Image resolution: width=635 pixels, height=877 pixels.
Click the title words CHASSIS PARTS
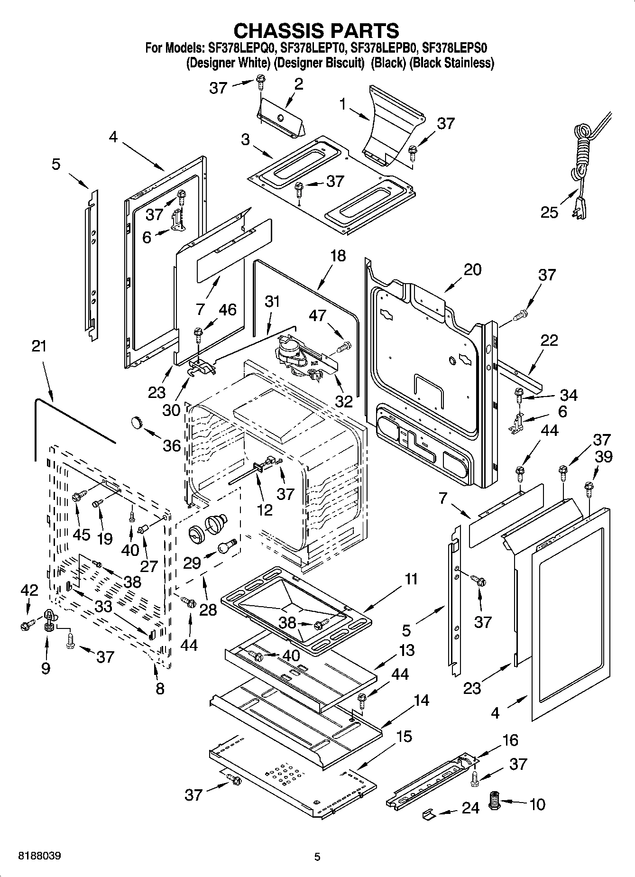(316, 30)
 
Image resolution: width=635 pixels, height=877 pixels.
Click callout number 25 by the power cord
(550, 212)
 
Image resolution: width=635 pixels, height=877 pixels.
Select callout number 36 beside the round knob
(172, 445)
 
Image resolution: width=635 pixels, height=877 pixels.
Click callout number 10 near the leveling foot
(537, 804)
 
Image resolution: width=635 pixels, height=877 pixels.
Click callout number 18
(338, 256)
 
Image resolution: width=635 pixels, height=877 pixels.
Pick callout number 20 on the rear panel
(472, 269)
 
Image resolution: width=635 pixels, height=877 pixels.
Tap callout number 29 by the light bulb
(192, 563)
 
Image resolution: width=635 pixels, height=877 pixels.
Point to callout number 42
(29, 590)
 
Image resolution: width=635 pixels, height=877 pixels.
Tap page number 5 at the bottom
(317, 857)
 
